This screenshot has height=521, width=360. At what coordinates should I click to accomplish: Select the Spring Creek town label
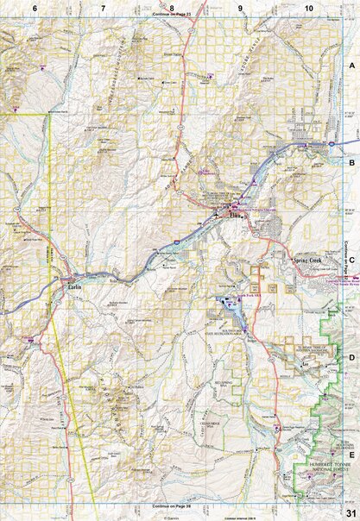click(x=307, y=259)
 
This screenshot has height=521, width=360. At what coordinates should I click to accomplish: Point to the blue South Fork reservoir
click(x=229, y=304)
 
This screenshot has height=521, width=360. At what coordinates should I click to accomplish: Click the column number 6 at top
click(x=35, y=7)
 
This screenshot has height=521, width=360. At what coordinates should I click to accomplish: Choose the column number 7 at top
click(x=103, y=7)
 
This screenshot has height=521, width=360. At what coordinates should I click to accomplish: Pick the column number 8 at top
click(x=172, y=7)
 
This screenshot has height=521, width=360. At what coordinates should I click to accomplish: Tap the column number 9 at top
click(x=240, y=7)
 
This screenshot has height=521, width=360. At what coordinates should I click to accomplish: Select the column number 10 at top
click(x=308, y=7)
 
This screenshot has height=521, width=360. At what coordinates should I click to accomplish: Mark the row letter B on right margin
click(x=351, y=161)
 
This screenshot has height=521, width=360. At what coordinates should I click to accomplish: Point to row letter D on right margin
click(x=351, y=355)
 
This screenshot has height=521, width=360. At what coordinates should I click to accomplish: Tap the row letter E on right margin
click(x=351, y=452)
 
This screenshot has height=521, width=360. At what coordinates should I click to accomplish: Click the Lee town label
click(x=305, y=365)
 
